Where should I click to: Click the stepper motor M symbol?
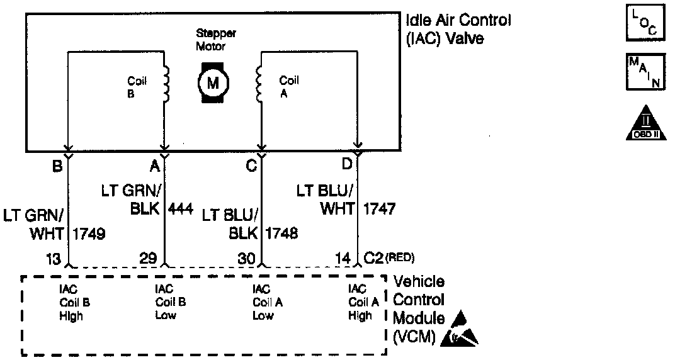[213, 82]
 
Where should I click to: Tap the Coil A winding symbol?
[259, 84]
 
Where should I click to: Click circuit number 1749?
[89, 234]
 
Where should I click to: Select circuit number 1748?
[282, 234]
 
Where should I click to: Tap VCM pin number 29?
[149, 257]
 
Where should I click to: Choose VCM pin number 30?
[247, 257]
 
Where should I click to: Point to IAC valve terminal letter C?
[251, 166]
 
